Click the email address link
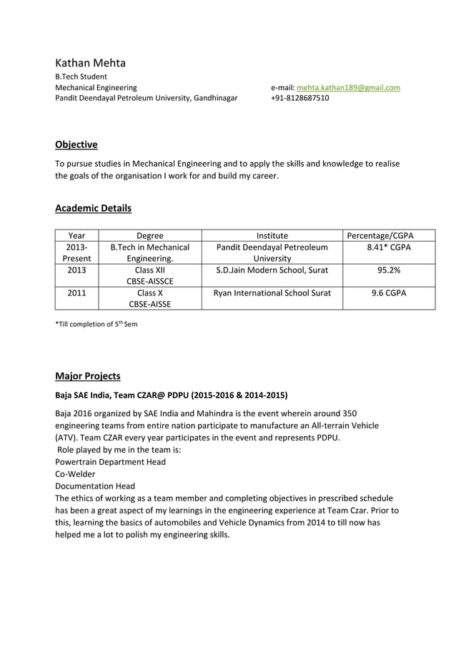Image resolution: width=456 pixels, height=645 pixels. click(348, 87)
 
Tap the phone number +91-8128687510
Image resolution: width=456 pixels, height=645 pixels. click(300, 98)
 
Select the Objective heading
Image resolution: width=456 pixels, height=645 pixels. click(76, 144)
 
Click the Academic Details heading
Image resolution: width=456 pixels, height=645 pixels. click(93, 209)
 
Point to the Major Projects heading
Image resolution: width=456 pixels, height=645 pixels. click(88, 376)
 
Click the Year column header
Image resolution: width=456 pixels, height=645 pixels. click(77, 235)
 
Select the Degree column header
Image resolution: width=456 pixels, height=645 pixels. click(150, 235)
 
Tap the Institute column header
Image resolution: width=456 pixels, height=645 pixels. click(272, 235)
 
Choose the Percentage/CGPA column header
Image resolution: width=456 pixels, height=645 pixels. click(380, 235)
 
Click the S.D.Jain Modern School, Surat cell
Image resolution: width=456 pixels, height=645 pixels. click(272, 270)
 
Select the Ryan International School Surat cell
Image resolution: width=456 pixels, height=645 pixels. click(272, 292)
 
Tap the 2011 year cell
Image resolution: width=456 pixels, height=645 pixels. click(77, 292)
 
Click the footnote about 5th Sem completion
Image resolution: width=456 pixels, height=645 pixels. click(96, 324)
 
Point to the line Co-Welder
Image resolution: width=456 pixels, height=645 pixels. click(75, 474)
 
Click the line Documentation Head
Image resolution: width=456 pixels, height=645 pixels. click(95, 486)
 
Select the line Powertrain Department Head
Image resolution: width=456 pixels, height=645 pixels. click(110, 462)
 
